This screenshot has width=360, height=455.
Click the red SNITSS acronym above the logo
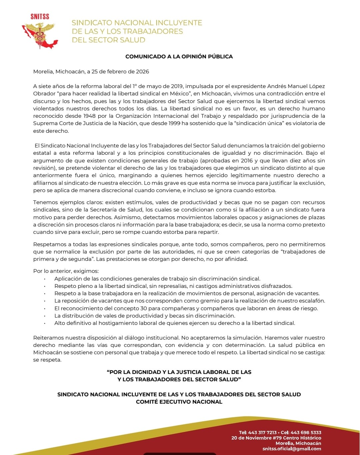[x=40, y=16]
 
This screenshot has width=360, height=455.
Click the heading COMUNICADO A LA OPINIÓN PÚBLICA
[x=179, y=56]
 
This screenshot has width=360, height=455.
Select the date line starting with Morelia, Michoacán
[x=91, y=71]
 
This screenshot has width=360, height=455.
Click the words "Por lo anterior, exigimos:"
[x=66, y=271]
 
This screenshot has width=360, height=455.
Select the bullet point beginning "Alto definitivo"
[x=175, y=323]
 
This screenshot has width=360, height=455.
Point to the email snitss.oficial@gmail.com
[x=292, y=449]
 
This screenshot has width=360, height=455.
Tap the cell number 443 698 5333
[x=306, y=432]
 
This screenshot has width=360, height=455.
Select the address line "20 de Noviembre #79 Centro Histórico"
[x=276, y=438]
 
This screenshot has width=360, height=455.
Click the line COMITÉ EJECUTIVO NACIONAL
[x=179, y=402]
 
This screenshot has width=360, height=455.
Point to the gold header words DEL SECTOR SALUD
[x=109, y=40]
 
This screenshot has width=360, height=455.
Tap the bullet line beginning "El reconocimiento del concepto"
[x=186, y=308]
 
